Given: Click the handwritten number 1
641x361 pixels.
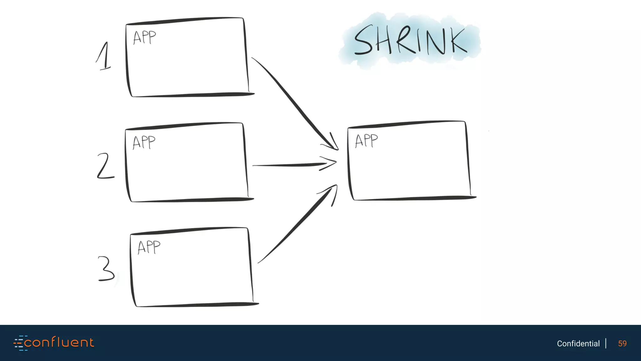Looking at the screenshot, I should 104,56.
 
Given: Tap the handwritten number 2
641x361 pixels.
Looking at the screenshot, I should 105,166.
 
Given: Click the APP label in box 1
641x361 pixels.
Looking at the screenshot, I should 144,38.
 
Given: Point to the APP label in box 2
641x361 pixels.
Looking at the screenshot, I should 144,143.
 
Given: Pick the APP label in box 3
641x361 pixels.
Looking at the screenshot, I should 149,247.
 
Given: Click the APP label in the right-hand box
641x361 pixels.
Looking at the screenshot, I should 366,141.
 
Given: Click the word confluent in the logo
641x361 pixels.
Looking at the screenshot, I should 59,343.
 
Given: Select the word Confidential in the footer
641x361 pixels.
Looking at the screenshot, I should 578,344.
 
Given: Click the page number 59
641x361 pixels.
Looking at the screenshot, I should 622,344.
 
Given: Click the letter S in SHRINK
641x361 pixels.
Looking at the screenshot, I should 363,40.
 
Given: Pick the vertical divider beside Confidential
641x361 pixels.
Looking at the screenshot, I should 606,343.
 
